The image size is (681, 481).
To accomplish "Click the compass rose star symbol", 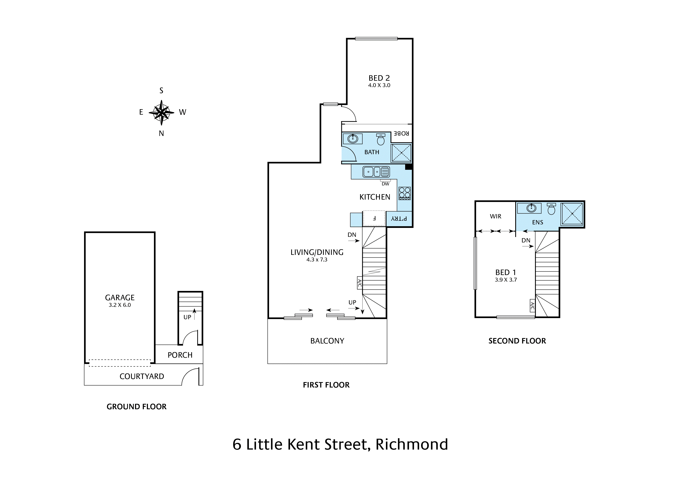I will click(x=161, y=112).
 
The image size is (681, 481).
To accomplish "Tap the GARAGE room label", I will click(x=120, y=298).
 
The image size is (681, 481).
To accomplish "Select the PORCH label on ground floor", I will click(x=180, y=355).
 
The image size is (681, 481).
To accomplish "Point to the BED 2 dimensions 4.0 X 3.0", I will click(x=379, y=85).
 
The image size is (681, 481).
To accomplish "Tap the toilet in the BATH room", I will click(x=380, y=139).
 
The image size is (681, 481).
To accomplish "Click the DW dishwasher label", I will click(x=385, y=184).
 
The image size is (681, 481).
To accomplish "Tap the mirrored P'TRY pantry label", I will click(x=399, y=219).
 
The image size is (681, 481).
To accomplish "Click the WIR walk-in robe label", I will click(x=496, y=216).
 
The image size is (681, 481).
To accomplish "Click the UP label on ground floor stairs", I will click(x=187, y=317).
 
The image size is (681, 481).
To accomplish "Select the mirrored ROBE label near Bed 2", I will click(x=401, y=133).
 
